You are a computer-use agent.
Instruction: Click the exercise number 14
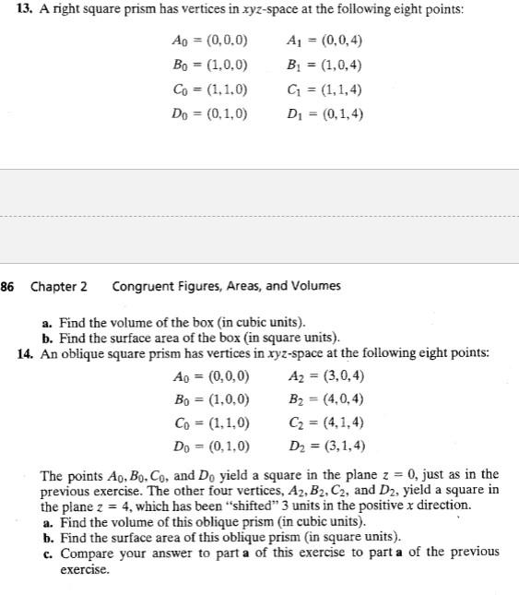pos(26,352)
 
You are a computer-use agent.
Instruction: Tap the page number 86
pos(7,286)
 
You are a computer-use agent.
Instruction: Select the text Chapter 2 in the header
pos(59,286)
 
